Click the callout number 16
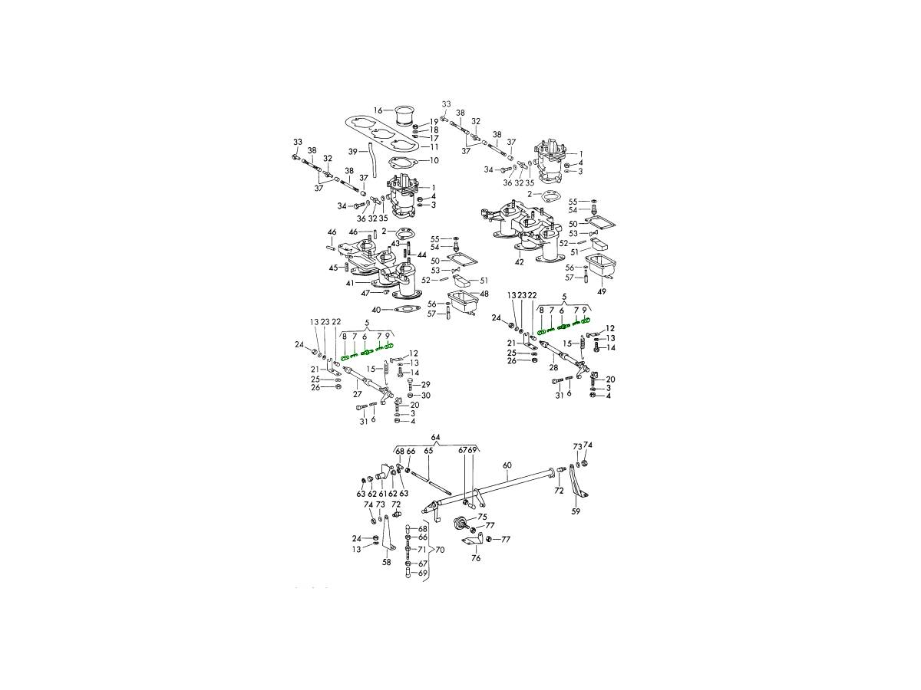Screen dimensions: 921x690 (378, 110)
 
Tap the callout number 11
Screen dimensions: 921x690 (434, 147)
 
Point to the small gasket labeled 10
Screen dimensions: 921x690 (402, 162)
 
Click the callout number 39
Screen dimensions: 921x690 (353, 151)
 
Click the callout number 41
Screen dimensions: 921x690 (350, 284)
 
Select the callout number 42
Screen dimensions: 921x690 (519, 262)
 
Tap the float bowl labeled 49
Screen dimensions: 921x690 (601, 266)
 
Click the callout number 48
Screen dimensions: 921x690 (484, 294)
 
